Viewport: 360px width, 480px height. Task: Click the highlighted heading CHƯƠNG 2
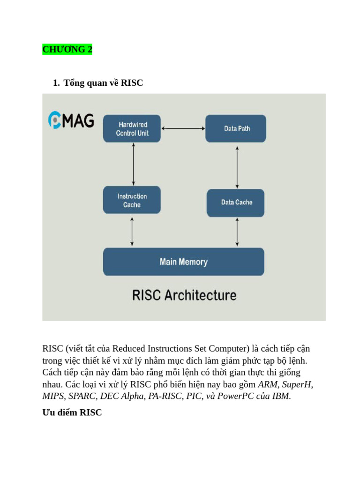pos(67,49)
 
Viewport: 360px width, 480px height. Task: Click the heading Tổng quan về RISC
pos(103,83)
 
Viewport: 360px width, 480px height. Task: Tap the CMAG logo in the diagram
pos(71,120)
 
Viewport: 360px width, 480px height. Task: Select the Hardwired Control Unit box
pos(132,128)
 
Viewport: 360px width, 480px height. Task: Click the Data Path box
pos(236,128)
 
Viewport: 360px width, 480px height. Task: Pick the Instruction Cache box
pos(132,200)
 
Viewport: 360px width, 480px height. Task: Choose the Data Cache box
pos(236,202)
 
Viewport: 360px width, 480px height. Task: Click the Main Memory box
pos(183,262)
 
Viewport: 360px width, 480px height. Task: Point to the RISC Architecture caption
pos(184,295)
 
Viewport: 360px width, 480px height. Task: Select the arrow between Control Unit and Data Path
pos(183,128)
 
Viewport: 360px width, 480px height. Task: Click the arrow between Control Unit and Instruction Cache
pos(134,164)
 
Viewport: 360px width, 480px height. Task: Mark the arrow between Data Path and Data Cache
pos(237,167)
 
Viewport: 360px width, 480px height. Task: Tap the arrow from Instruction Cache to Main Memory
pos(132,231)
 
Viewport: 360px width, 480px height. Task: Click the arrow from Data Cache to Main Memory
pos(237,232)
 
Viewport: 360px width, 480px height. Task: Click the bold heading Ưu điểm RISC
pos(72,413)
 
